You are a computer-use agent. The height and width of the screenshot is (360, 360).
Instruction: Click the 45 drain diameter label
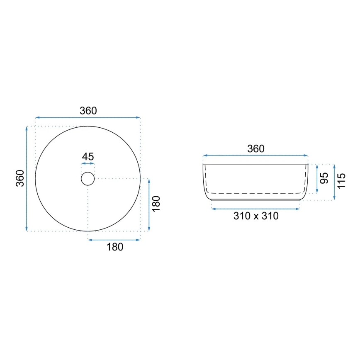[88, 157]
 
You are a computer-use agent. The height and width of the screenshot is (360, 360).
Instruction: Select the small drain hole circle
[88, 178]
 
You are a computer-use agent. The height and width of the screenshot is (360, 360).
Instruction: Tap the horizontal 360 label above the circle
[88, 111]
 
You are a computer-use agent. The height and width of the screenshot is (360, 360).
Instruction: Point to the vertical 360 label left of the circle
[19, 178]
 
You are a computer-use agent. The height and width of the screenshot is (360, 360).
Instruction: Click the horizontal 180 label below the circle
[115, 247]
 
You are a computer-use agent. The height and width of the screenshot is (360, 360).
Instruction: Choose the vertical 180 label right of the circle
[156, 204]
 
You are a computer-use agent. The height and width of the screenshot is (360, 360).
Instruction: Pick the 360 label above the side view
[255, 149]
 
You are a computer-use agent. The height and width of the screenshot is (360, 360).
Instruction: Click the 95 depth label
[324, 178]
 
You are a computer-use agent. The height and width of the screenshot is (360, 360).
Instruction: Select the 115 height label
[341, 181]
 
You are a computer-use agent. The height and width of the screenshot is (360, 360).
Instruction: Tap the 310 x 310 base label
[255, 216]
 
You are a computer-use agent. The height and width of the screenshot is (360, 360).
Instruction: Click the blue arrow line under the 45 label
[88, 164]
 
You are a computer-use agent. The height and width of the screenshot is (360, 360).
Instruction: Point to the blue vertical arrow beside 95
[317, 179]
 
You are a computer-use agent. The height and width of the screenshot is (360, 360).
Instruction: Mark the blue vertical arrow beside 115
[334, 181]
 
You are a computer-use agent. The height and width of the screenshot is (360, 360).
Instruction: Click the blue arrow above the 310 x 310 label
[255, 209]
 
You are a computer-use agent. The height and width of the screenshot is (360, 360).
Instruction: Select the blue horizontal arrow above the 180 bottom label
[114, 239]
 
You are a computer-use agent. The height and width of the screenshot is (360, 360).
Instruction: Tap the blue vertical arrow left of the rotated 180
[149, 205]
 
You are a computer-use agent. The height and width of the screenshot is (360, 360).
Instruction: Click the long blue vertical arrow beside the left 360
[27, 178]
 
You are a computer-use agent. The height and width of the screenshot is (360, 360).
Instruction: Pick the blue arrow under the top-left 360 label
[88, 117]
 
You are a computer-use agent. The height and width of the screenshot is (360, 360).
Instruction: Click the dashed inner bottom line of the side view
[255, 193]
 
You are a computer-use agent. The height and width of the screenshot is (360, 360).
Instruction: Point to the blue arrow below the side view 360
[255, 156]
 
